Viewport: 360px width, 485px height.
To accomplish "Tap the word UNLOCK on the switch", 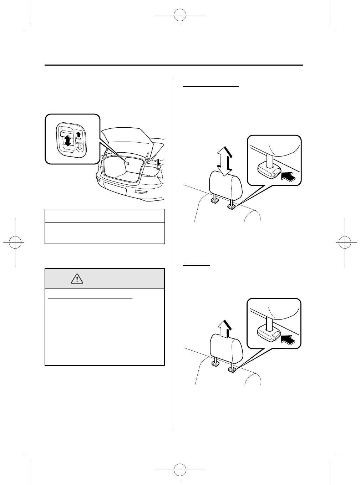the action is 80,142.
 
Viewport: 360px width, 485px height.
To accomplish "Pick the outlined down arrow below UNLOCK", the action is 80,147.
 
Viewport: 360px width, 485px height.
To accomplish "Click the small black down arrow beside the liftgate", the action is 158,163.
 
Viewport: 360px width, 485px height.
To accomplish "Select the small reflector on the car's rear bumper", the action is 142,192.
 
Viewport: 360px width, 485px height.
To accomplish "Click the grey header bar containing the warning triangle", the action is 105,279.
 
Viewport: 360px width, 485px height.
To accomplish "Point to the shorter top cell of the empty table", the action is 105,216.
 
